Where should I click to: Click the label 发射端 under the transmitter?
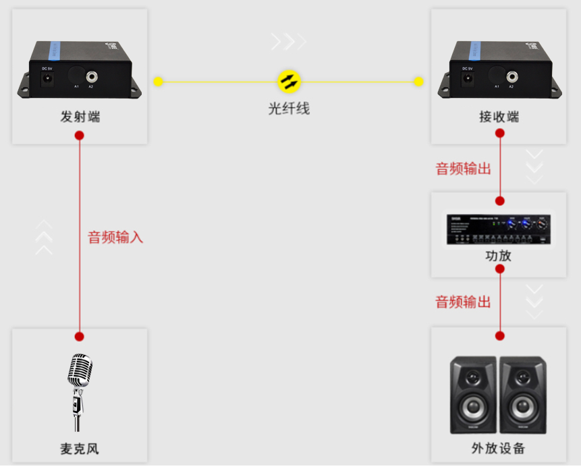click(80, 117)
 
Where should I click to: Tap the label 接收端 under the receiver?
click(499, 117)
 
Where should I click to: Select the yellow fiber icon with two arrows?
click(289, 82)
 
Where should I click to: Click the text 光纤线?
click(289, 108)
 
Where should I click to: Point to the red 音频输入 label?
click(115, 238)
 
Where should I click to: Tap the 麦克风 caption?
click(79, 448)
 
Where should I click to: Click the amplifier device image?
click(498, 229)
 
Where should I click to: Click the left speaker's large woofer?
click(474, 408)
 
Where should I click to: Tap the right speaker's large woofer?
click(522, 408)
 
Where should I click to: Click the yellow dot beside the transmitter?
click(158, 82)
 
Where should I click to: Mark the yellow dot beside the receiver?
click(418, 82)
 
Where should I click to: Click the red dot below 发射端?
click(80, 135)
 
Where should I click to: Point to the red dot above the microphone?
click(80, 336)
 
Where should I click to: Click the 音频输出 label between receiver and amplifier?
click(463, 169)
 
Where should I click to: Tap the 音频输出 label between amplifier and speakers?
click(463, 302)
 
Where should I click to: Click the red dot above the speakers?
click(500, 335)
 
